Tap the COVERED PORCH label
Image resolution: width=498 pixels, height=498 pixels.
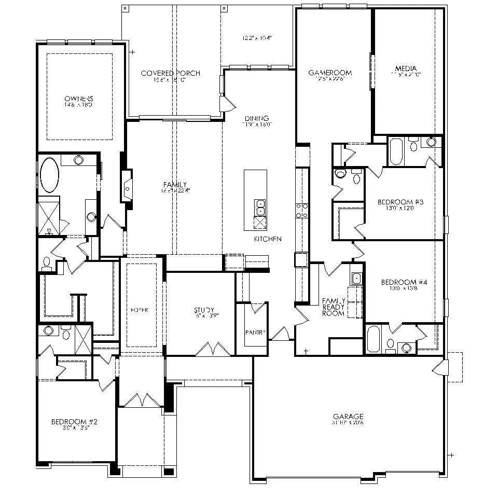tap(171, 73)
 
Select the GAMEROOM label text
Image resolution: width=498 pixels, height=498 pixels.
tap(330, 73)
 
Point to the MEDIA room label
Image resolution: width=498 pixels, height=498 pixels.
tap(406, 68)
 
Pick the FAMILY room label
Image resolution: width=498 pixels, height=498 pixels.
tap(175, 185)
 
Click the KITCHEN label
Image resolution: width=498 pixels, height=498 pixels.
tap(268, 239)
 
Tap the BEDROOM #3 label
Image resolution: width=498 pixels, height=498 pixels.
tap(401, 202)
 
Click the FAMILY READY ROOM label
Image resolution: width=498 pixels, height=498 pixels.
tap(334, 307)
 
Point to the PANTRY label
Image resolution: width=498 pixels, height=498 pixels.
tap(256, 333)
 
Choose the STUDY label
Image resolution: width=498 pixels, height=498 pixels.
tap(204, 310)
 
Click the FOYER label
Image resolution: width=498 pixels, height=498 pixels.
tap(141, 310)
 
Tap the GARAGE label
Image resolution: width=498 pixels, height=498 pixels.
tap(348, 416)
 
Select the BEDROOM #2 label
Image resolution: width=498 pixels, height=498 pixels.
tap(74, 422)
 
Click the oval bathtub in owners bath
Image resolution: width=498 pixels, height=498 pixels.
tap(50, 175)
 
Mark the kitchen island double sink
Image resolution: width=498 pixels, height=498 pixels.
tap(259, 208)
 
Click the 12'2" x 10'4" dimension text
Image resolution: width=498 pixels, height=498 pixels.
tap(257, 38)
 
